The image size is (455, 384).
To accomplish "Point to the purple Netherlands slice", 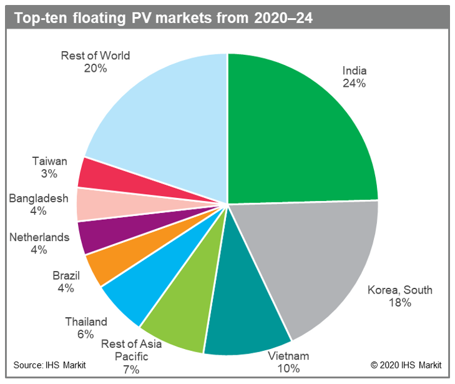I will pos(97,238).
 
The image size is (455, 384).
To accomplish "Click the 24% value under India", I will pos(353,82).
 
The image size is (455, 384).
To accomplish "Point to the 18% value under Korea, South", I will pos(399,303).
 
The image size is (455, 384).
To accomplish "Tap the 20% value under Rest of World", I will pos(95,68).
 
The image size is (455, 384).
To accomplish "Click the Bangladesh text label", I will pos(39,199).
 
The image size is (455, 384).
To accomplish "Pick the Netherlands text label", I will pos(39,237).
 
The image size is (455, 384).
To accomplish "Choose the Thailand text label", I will pos(86,322).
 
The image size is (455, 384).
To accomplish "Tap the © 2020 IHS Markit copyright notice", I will pos(406,365).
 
